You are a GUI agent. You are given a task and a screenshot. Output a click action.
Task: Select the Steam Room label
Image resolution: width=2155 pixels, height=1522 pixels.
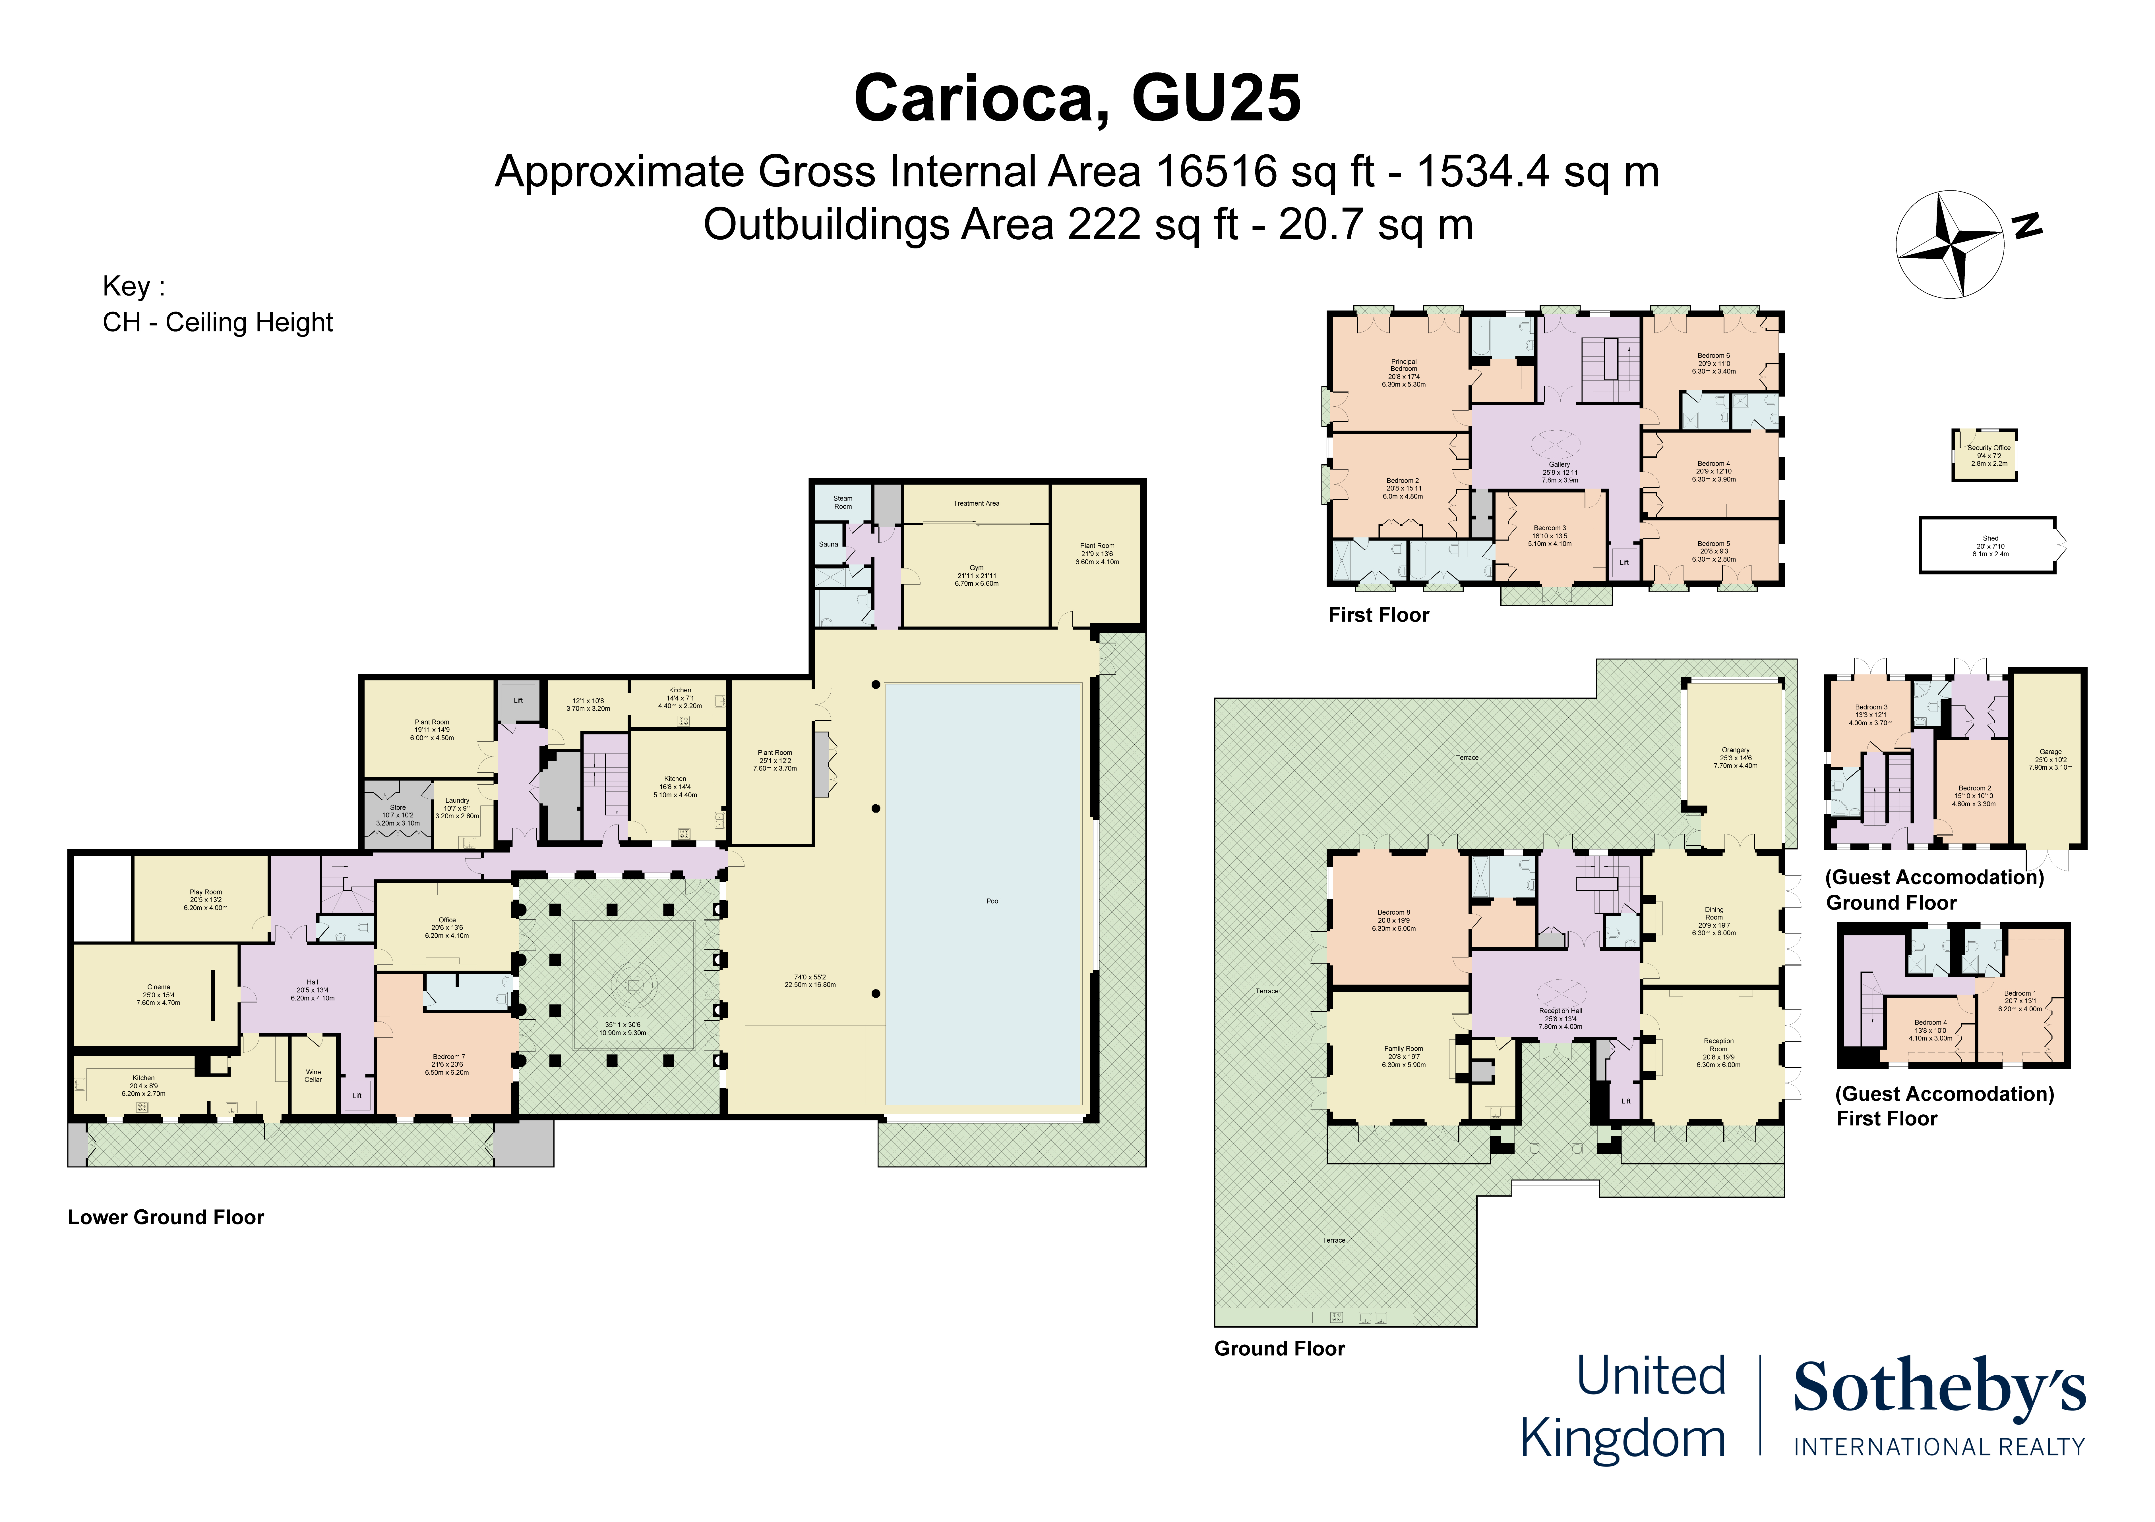pyautogui.click(x=843, y=502)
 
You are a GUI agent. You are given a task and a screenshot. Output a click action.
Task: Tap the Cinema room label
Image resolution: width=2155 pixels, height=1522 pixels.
pyautogui.click(x=159, y=987)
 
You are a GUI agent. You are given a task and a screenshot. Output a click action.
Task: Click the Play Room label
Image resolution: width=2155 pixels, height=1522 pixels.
pyautogui.click(x=206, y=892)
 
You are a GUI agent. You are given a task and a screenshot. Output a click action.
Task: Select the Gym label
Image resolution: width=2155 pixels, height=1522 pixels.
pyautogui.click(x=976, y=568)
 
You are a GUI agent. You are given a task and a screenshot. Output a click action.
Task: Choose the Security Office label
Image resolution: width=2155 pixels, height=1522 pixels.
pyautogui.click(x=1989, y=448)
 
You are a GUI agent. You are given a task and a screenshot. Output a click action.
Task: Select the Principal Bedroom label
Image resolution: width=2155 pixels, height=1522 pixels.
pyautogui.click(x=1403, y=365)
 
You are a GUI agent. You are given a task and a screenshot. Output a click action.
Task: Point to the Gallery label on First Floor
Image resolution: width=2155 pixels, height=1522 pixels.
pyautogui.click(x=1559, y=464)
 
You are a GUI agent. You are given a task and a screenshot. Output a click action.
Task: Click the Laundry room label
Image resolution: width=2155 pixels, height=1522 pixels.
pyautogui.click(x=457, y=800)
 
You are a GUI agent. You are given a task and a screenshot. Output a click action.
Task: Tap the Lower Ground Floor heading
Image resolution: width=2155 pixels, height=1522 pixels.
pyautogui.click(x=166, y=1217)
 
